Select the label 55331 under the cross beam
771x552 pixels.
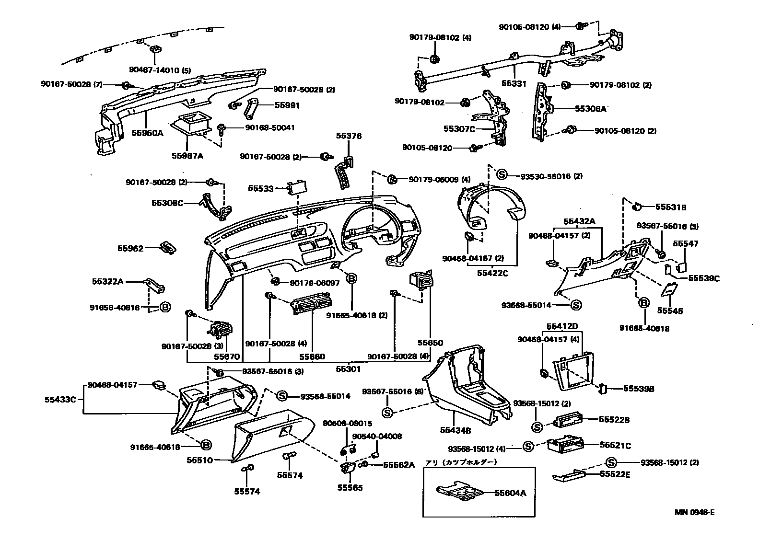[514, 83]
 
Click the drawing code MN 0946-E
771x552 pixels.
[695, 512]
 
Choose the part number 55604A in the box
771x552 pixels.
[510, 493]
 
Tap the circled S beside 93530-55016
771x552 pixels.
[502, 175]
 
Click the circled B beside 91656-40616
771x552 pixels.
[164, 308]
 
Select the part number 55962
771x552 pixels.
[130, 248]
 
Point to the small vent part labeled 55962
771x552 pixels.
[168, 247]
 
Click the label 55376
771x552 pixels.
[349, 136]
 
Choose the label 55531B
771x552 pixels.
[671, 207]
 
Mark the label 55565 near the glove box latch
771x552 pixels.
[350, 488]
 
